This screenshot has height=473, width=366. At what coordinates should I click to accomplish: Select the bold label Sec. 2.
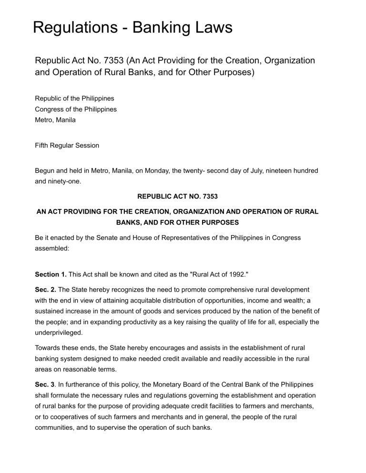[x=46, y=289]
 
